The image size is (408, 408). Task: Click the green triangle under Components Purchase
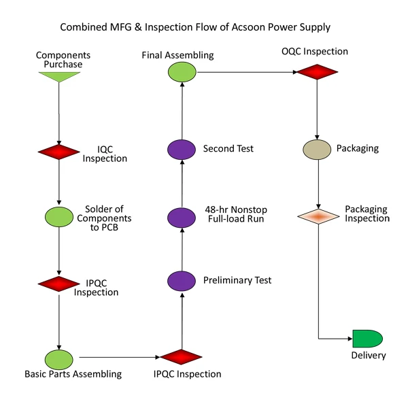click(x=59, y=76)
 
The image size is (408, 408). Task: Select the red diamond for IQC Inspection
click(x=58, y=152)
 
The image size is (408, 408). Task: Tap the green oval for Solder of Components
click(x=59, y=217)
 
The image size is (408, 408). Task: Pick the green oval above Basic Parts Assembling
click(x=59, y=360)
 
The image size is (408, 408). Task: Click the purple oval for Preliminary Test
click(x=182, y=281)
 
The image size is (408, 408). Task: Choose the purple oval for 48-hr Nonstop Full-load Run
click(x=182, y=218)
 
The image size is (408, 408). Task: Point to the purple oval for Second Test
click(x=182, y=150)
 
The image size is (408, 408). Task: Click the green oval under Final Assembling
click(x=182, y=72)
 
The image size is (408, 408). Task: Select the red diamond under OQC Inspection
click(x=317, y=72)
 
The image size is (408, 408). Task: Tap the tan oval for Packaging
click(x=317, y=150)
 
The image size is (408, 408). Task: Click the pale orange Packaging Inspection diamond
click(x=318, y=216)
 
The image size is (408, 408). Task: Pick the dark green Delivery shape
click(x=367, y=339)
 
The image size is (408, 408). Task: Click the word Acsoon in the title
click(x=248, y=27)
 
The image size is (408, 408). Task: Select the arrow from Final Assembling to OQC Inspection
click(x=247, y=72)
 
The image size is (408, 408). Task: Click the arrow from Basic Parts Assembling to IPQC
click(x=120, y=357)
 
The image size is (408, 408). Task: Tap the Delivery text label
click(x=369, y=356)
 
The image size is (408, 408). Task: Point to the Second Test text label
click(x=228, y=148)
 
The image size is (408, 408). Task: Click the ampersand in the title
click(x=138, y=27)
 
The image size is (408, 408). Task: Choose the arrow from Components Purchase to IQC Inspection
click(x=58, y=114)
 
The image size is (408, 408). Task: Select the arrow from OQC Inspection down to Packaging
click(x=317, y=109)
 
